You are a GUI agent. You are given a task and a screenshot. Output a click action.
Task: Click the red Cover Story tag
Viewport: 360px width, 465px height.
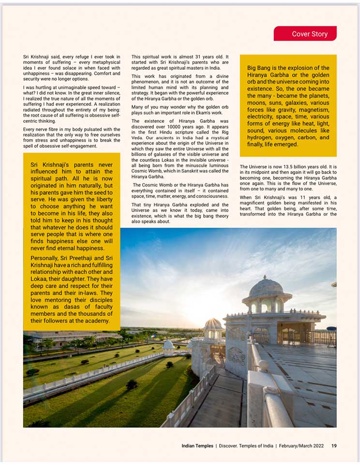305,34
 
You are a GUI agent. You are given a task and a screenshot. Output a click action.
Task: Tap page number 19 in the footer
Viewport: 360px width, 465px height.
334,446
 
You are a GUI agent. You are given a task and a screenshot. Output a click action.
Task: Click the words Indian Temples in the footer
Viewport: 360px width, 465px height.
197,446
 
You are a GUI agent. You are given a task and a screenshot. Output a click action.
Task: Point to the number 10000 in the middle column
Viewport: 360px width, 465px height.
178,127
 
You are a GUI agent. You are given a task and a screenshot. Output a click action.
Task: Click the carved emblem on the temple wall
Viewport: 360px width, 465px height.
237,356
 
